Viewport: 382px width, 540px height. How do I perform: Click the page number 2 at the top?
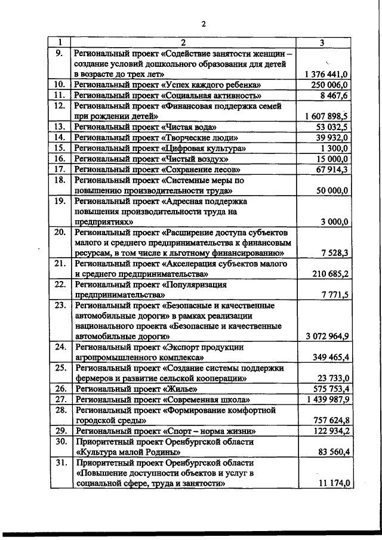point(203,24)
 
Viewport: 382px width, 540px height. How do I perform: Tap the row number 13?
point(58,127)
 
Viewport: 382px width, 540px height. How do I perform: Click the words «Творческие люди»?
point(195,138)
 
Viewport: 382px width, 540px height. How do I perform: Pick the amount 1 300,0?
point(335,149)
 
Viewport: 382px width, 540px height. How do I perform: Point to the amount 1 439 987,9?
point(326,399)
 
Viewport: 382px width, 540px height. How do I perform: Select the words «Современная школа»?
point(206,399)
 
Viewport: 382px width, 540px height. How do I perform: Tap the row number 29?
point(58,431)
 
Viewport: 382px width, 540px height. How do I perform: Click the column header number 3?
point(323,42)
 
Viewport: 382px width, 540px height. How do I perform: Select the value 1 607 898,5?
point(326,116)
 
